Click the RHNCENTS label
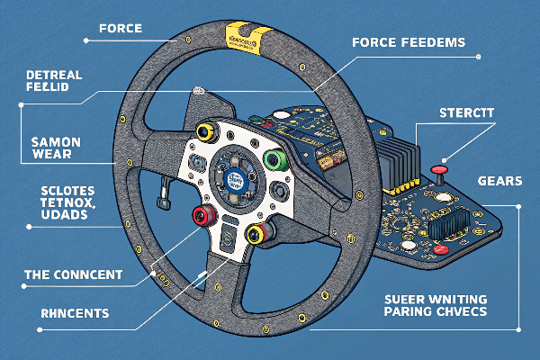coord(62,314)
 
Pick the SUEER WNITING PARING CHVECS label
coord(435,303)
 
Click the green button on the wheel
coord(275,162)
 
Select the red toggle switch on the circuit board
coord(440,170)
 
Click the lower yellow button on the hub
coord(256,236)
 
